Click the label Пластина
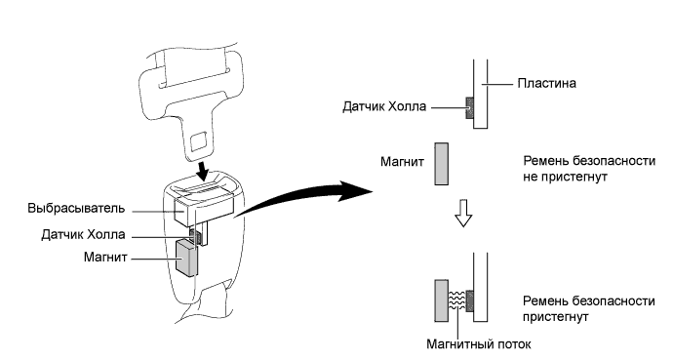(549, 84)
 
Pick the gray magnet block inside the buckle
(186, 258)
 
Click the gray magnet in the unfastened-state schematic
(440, 161)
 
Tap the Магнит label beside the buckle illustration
(109, 258)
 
